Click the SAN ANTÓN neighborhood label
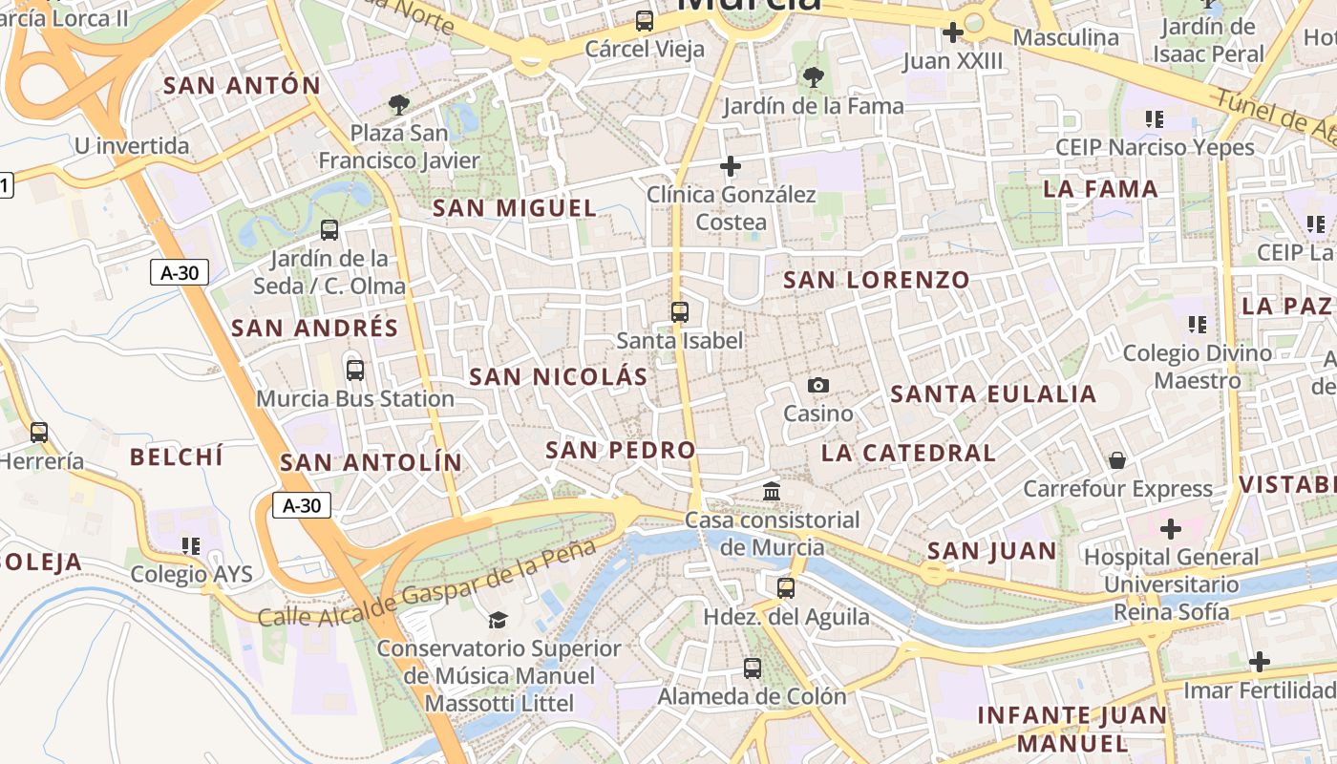click(x=242, y=85)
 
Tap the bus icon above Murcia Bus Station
click(x=355, y=370)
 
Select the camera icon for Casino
click(x=818, y=386)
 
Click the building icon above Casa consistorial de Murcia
click(x=772, y=492)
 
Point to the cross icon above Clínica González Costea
click(x=731, y=166)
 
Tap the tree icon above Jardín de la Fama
click(x=813, y=77)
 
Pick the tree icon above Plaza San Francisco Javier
click(x=399, y=104)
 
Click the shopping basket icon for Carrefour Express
click(x=1117, y=460)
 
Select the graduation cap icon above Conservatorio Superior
click(x=498, y=621)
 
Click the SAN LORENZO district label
click(x=877, y=280)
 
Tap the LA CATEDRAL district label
click(x=908, y=453)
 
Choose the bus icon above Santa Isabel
click(x=680, y=311)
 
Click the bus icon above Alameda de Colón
click(x=753, y=668)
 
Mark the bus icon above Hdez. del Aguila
click(x=786, y=588)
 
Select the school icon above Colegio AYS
click(x=191, y=545)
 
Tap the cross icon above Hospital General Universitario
click(x=1171, y=528)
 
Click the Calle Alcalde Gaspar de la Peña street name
click(x=427, y=584)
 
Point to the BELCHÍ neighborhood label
click(x=177, y=456)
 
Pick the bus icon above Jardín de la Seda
click(x=329, y=229)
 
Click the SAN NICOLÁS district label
click(x=559, y=377)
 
